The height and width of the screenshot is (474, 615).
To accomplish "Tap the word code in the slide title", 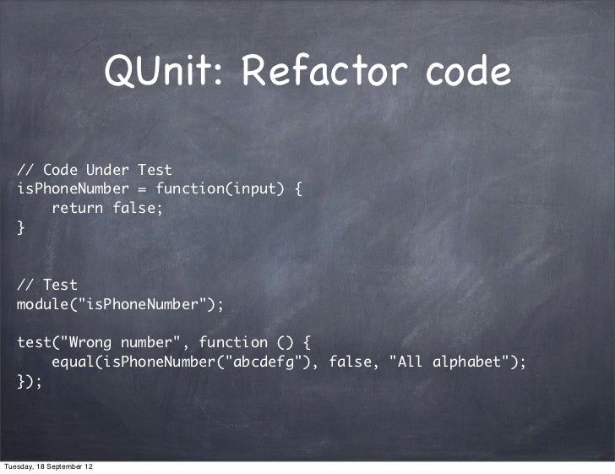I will (468, 74).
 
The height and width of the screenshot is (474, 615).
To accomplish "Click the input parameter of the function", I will (251, 188).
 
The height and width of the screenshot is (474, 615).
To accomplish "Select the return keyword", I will (78, 208).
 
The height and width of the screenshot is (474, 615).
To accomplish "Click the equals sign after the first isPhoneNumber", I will (142, 188).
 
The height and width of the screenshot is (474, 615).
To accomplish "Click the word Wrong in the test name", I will (90, 342).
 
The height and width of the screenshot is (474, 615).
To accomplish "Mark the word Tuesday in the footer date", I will (21, 466).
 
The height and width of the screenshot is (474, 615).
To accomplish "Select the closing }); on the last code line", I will (30, 381).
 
